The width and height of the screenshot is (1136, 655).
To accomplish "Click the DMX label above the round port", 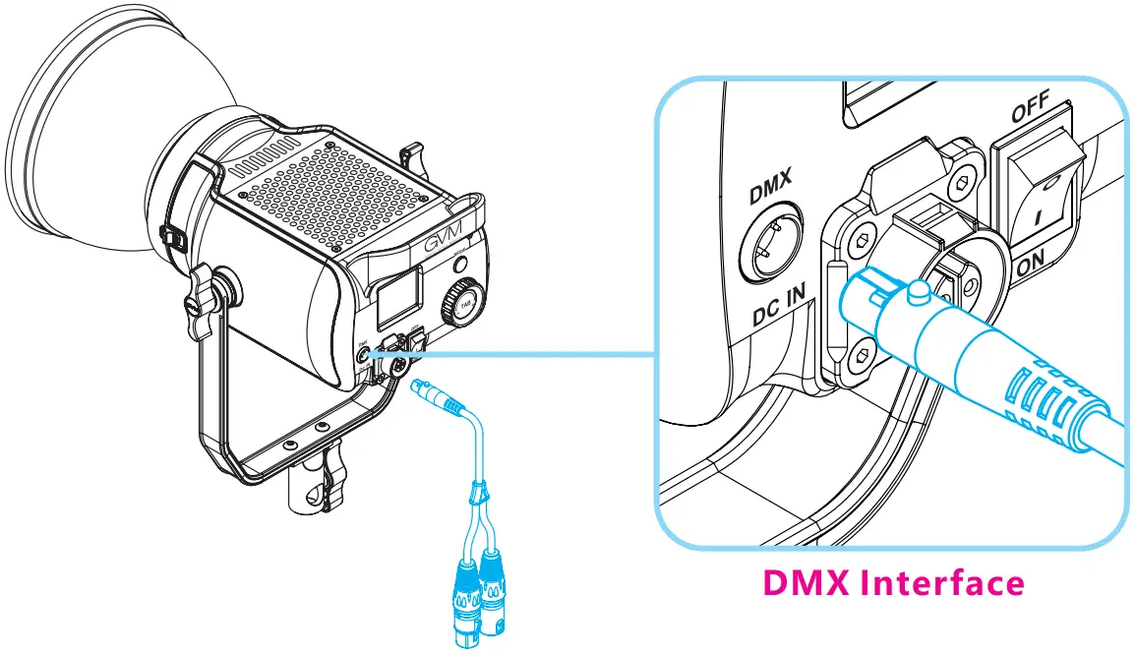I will point(768,187).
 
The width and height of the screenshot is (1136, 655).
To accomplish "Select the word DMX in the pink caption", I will point(806,583).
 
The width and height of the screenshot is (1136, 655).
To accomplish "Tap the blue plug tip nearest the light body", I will point(420,387).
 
